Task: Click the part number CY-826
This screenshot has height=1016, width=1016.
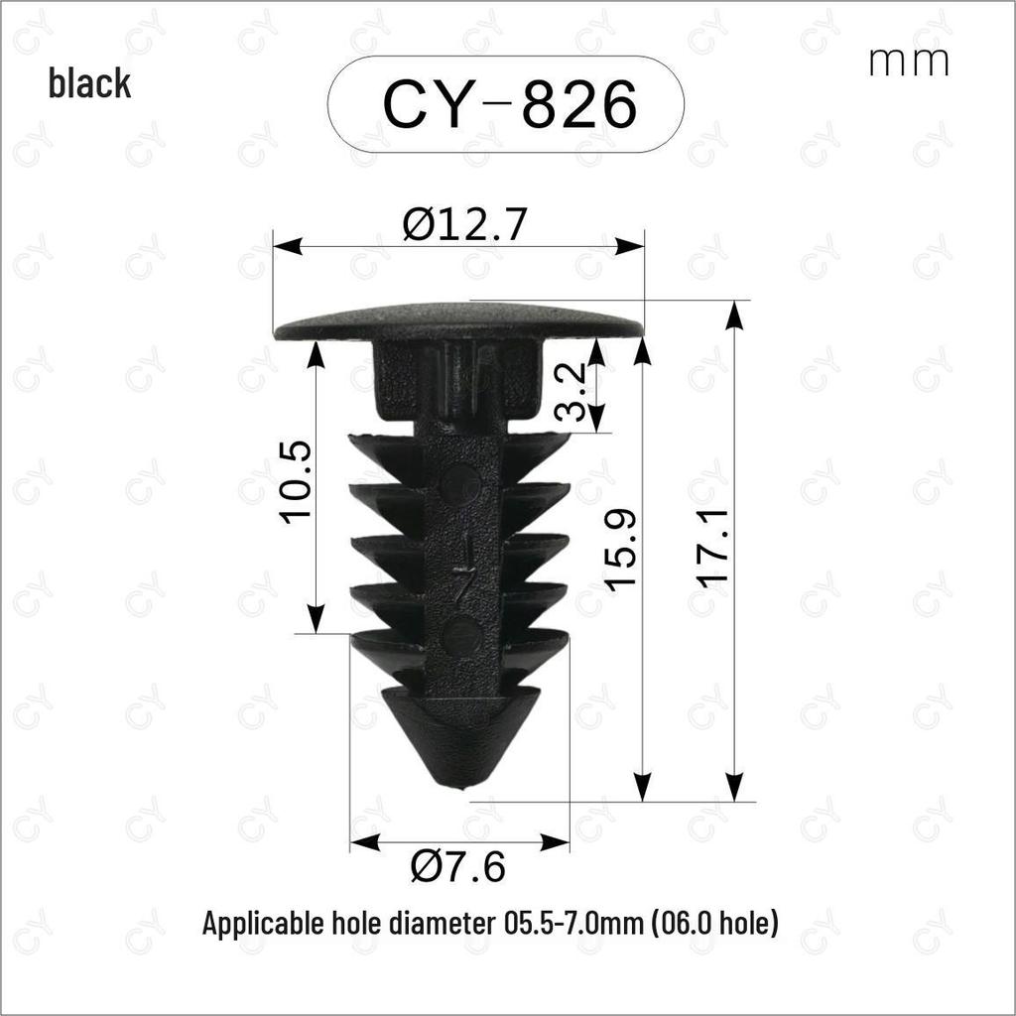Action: [x=510, y=103]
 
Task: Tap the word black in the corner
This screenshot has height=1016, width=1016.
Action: [x=89, y=83]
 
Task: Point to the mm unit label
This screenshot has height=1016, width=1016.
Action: [x=909, y=62]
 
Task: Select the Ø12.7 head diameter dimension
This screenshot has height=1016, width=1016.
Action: [x=463, y=224]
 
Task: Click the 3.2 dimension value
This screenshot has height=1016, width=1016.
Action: [x=572, y=391]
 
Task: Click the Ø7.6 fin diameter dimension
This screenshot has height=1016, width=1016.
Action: [x=458, y=866]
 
